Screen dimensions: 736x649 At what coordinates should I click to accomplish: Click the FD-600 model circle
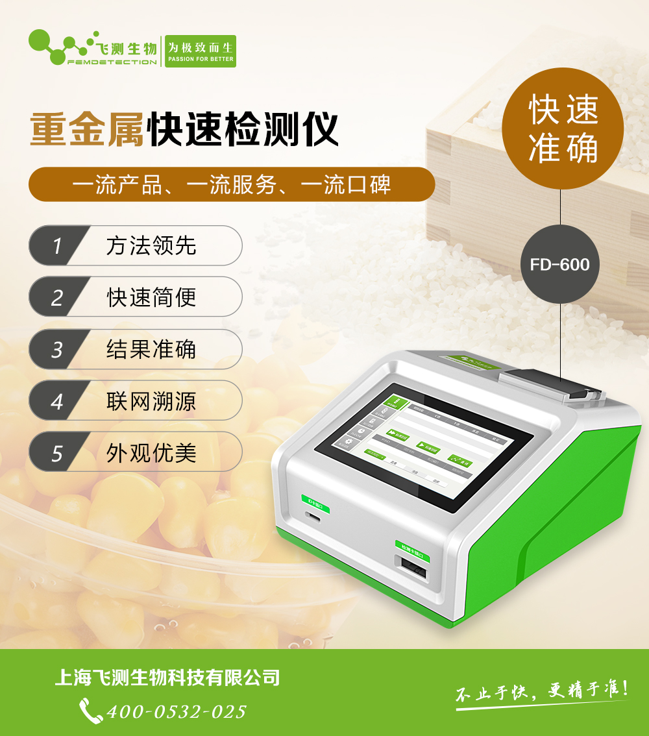tap(559, 264)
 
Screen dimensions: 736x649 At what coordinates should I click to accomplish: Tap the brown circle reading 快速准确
tap(563, 129)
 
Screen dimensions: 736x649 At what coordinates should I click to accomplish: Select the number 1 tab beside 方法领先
tap(56, 245)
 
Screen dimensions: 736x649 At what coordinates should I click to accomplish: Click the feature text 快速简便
tap(151, 297)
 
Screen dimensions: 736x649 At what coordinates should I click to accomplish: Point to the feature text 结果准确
tap(151, 349)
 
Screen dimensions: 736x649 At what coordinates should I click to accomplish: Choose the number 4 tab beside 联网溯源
tap(56, 401)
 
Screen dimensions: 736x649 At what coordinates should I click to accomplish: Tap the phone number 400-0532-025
tap(176, 711)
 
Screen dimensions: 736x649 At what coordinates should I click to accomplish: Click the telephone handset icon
tap(90, 711)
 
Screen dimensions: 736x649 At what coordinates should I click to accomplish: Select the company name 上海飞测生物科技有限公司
tap(167, 678)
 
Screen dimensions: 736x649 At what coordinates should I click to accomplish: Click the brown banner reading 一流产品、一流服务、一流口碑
tap(232, 185)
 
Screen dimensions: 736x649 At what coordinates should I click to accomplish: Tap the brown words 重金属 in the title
tap(88, 129)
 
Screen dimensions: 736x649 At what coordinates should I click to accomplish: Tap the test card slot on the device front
tap(412, 572)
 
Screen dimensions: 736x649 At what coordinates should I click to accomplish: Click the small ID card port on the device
tap(315, 517)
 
